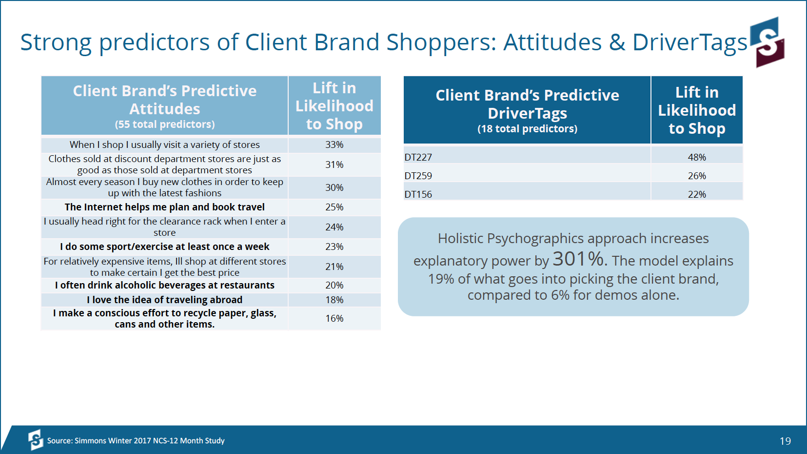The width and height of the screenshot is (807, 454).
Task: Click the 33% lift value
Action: [335, 145]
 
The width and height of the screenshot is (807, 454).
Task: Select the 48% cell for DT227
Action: [697, 157]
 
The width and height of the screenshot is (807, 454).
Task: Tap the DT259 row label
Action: [418, 176]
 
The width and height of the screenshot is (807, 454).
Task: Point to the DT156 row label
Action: [418, 194]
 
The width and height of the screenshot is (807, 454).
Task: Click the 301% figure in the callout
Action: [578, 259]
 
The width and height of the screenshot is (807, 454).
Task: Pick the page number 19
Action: [785, 441]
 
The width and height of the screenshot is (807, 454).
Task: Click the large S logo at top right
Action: [767, 42]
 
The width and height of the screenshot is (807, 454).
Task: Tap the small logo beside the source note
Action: [36, 440]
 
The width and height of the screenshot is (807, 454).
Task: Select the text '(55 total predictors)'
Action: [165, 124]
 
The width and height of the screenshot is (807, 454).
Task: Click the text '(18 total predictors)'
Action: [527, 129]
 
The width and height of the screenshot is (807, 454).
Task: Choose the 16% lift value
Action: [335, 318]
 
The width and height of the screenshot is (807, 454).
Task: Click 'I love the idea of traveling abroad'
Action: [165, 300]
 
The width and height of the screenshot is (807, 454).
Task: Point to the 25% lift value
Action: [335, 207]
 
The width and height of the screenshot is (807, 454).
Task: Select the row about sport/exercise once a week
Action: [165, 247]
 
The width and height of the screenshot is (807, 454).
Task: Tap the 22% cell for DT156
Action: [697, 194]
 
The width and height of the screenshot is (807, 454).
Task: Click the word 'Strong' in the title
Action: [56, 42]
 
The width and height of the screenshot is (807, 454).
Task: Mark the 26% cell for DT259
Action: [697, 176]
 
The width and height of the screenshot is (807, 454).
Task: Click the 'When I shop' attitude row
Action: [165, 145]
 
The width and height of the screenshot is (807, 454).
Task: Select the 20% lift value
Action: [335, 285]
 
